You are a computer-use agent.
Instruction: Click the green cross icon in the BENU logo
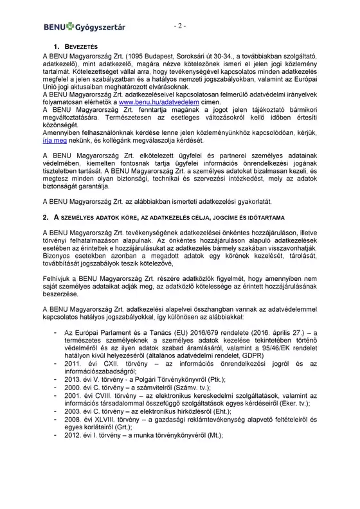click(x=66, y=27)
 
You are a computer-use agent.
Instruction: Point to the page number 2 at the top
click(x=179, y=26)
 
